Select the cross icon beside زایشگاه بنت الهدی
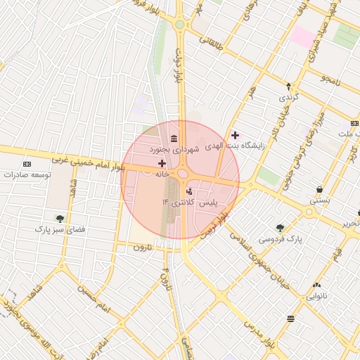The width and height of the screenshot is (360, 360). pyautogui.click(x=235, y=135)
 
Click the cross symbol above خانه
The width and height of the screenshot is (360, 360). pyautogui.click(x=162, y=163)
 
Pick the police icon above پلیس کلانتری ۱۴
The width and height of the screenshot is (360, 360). pyautogui.click(x=188, y=191)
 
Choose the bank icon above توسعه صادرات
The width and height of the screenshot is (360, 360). pyautogui.click(x=27, y=163)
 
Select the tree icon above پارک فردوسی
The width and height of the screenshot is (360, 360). pyautogui.click(x=280, y=228)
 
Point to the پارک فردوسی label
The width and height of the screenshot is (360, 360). pyautogui.click(x=280, y=239)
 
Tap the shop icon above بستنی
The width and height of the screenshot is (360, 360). pyautogui.click(x=320, y=189)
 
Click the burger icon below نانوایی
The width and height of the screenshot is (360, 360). pyautogui.click(x=291, y=319)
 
